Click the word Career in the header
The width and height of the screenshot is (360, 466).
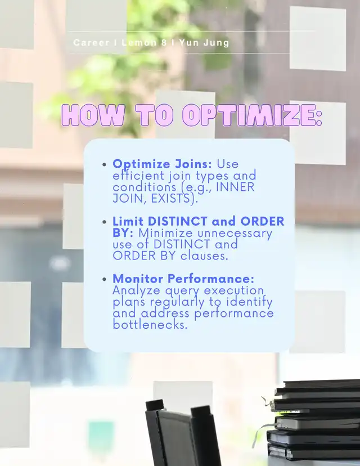click(x=91, y=43)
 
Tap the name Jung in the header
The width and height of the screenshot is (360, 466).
click(x=217, y=43)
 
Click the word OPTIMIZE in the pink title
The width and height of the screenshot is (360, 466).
click(x=252, y=115)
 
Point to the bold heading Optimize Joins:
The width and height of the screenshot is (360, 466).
click(x=162, y=164)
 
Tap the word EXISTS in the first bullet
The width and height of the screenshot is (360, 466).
click(x=170, y=199)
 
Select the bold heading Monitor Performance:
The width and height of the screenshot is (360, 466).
click(x=183, y=279)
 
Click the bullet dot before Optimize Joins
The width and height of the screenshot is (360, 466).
click(x=104, y=164)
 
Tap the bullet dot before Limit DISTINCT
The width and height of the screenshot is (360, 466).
click(x=104, y=222)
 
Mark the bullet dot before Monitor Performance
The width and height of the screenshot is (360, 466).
click(x=104, y=279)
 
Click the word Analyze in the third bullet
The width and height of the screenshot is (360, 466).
click(x=136, y=290)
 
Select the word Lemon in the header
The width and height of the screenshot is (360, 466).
click(x=139, y=43)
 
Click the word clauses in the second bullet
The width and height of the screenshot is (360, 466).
click(x=204, y=256)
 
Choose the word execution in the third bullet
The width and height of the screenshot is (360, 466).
click(x=234, y=290)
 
